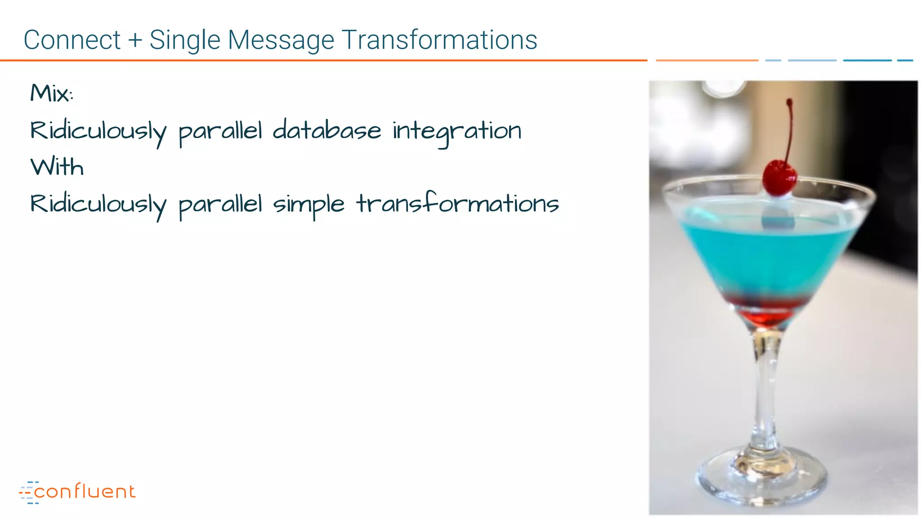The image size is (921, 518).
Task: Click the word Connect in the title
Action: (x=72, y=40)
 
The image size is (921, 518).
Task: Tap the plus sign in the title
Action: (x=135, y=40)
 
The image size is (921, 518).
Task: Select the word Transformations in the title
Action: (x=439, y=40)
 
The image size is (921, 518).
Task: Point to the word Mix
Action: (x=50, y=94)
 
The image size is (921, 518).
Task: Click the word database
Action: (x=326, y=131)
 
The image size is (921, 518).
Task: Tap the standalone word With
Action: (x=57, y=167)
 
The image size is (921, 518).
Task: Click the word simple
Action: (x=308, y=205)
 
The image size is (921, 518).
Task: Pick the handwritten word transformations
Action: (x=457, y=204)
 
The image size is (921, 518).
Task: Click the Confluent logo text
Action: (x=85, y=491)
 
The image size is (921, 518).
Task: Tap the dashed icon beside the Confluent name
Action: (x=28, y=492)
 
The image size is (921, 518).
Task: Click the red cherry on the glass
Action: (x=779, y=178)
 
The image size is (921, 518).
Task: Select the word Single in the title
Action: (x=185, y=40)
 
